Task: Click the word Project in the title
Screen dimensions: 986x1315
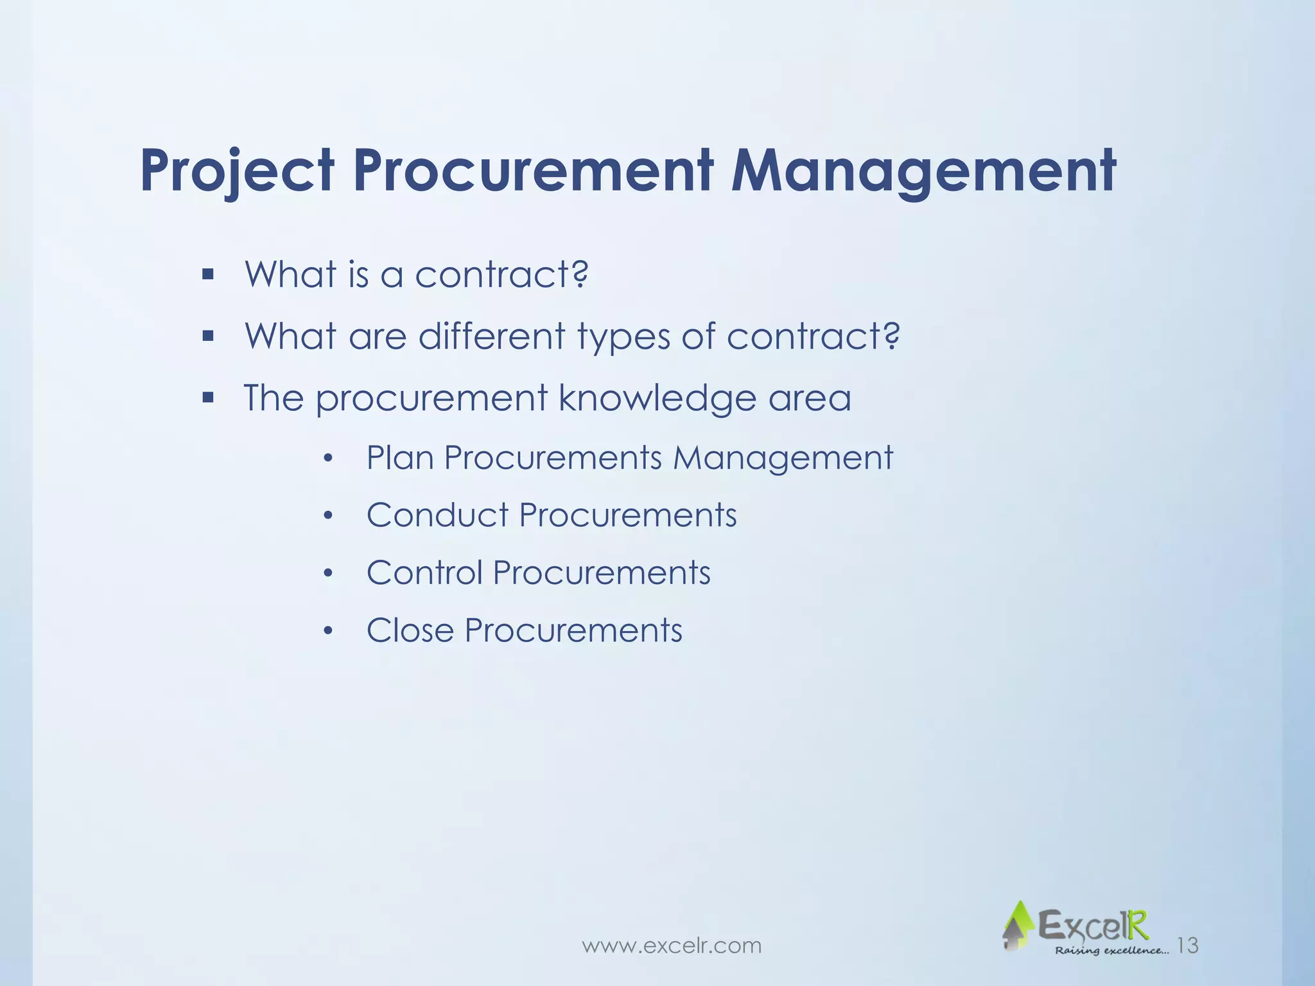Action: [x=237, y=171]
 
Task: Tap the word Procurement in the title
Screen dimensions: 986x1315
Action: [x=533, y=171]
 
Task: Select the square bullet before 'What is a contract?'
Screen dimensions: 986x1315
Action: [x=207, y=275]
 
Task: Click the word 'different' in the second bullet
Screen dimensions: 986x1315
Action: [x=491, y=336]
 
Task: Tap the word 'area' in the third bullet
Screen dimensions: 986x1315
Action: [x=810, y=399]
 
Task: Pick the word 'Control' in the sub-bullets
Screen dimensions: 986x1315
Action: [x=424, y=573]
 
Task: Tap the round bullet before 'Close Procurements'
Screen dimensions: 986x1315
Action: [x=328, y=632]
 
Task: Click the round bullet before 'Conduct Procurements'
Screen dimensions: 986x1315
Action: [x=328, y=516]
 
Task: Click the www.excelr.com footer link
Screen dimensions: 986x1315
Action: [x=671, y=946]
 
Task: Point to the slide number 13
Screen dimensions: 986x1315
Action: [x=1188, y=945]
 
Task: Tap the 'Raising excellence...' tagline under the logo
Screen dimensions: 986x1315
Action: [x=1111, y=950]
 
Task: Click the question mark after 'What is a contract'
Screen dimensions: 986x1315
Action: [x=579, y=274]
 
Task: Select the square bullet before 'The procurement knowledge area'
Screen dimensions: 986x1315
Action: [x=207, y=398]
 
